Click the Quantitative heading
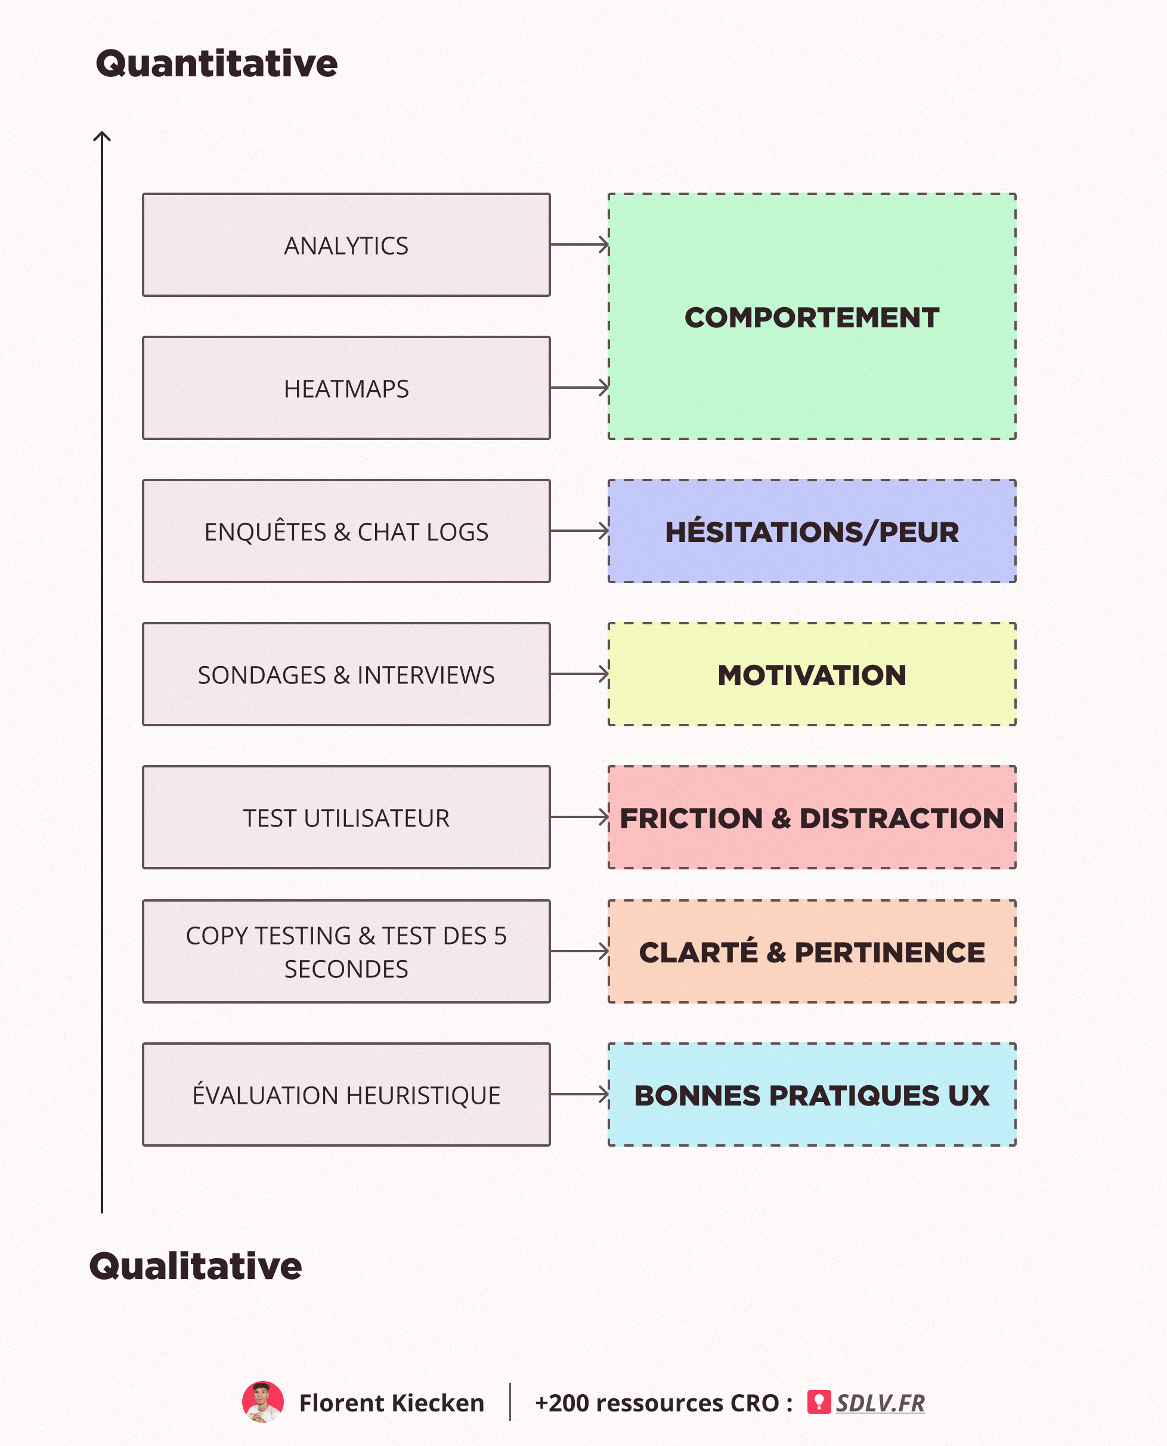(216, 64)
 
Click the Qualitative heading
(196, 1267)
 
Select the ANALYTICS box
(346, 245)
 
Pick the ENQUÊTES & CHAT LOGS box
(346, 532)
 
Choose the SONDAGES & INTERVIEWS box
(346, 675)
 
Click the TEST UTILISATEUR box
(346, 818)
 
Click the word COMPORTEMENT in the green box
(812, 318)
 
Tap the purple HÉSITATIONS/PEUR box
(812, 532)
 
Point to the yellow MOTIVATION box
(812, 675)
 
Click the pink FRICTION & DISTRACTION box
(812, 818)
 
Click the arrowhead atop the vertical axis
(102, 137)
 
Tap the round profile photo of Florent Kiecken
(263, 1402)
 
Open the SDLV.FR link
(880, 1403)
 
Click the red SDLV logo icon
(819, 1402)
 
